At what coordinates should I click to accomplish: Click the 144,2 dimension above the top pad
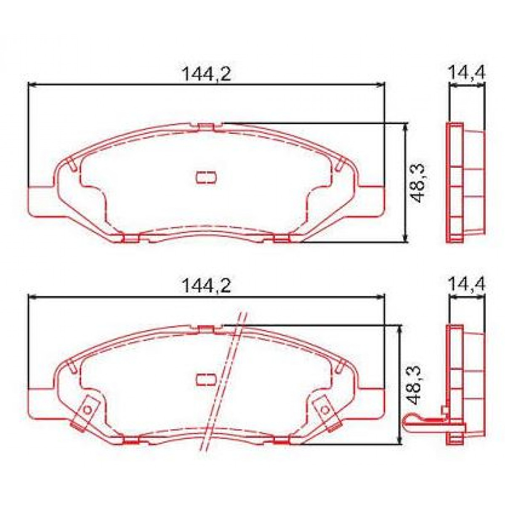tap(206, 74)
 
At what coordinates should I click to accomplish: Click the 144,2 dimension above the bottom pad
tap(206, 286)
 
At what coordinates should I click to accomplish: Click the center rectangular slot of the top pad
tap(206, 178)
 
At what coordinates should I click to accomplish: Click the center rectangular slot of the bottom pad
tap(206, 379)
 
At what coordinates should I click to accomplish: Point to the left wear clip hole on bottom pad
tap(87, 409)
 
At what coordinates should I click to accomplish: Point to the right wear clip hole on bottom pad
tap(324, 409)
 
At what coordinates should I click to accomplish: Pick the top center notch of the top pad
tap(206, 126)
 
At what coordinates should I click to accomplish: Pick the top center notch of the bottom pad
tap(206, 328)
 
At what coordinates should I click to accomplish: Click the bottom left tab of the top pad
tap(131, 239)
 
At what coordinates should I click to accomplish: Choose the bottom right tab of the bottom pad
tap(281, 441)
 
